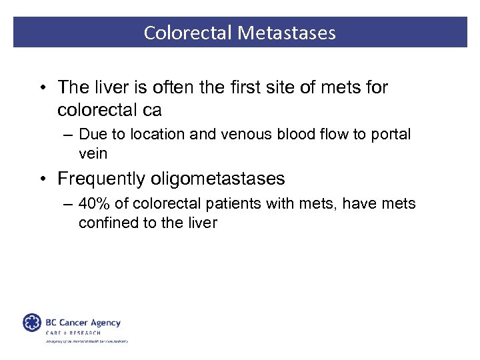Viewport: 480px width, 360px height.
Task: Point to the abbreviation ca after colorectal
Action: [x=153, y=109]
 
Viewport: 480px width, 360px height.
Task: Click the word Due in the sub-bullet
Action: [x=91, y=134]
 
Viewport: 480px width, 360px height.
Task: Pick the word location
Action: [x=151, y=134]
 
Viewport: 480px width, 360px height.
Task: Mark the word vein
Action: [x=93, y=153]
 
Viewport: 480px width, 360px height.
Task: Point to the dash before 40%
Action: [x=69, y=203]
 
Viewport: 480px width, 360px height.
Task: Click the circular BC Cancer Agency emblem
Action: [x=32, y=323]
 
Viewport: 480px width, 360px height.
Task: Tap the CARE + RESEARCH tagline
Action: [x=73, y=333]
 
